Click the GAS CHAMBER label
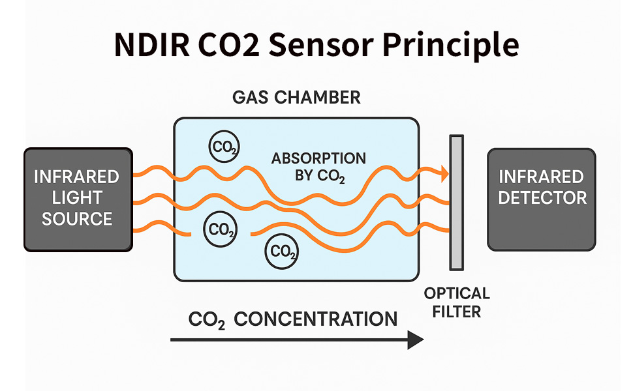click(x=296, y=98)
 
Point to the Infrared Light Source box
click(x=78, y=199)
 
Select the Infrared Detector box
click(x=542, y=199)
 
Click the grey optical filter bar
click(x=456, y=202)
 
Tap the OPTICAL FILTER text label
click(x=456, y=302)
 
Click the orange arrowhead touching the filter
click(x=444, y=174)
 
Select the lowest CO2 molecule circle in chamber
click(x=282, y=250)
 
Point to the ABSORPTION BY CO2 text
click(x=318, y=167)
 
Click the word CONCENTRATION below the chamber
click(x=315, y=319)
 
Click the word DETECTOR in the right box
click(x=542, y=197)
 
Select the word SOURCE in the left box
click(x=77, y=219)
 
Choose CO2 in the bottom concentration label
click(x=206, y=320)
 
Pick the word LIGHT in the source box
click(x=77, y=198)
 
